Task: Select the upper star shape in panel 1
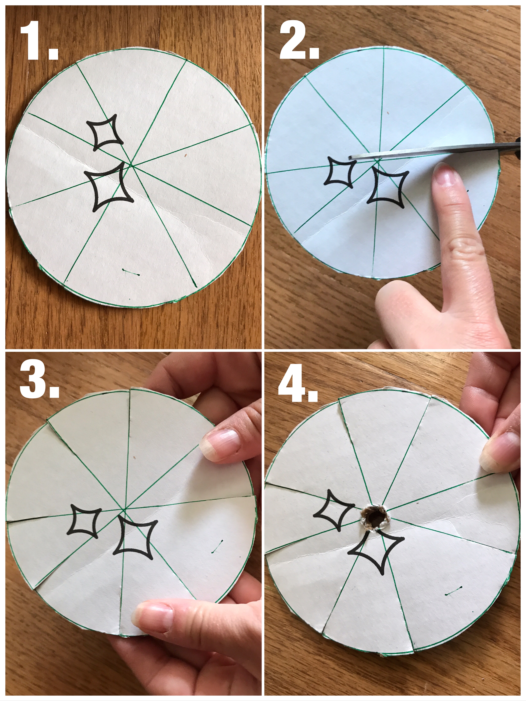coord(105,132)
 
